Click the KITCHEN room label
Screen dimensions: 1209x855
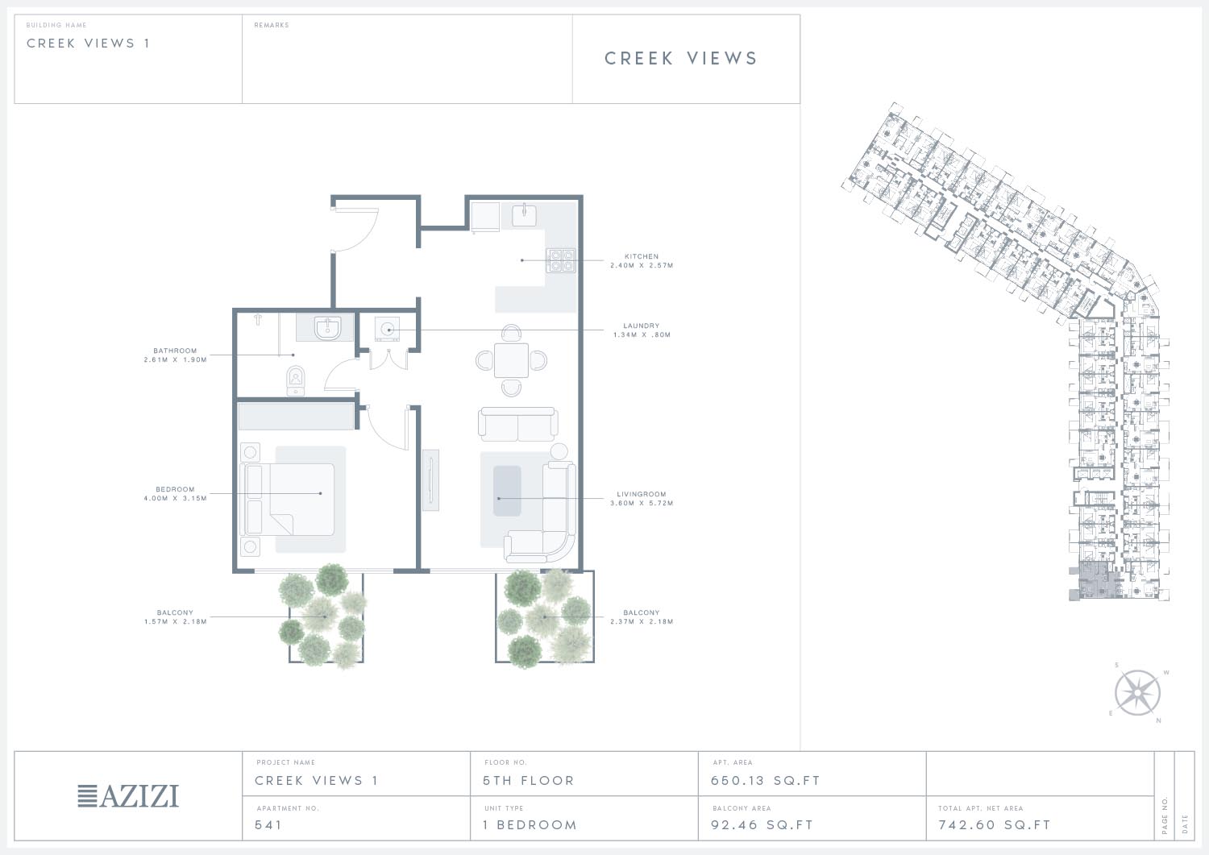pos(642,256)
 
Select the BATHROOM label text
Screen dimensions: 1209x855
pos(175,351)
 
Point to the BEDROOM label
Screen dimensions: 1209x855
pos(175,490)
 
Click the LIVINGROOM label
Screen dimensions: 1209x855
pos(642,494)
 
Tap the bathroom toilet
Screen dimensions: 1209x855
pos(295,380)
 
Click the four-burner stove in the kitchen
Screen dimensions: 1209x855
pos(561,259)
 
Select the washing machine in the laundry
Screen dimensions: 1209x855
pos(387,329)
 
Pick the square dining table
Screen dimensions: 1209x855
pos(511,360)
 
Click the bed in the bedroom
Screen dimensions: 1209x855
pos(290,500)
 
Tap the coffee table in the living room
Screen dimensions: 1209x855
pos(507,491)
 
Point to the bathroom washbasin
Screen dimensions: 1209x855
pos(327,328)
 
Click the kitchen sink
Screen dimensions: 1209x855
pos(524,214)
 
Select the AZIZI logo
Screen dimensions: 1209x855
pos(128,796)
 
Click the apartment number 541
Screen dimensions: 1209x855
pos(268,824)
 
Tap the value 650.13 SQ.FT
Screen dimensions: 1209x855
pos(766,781)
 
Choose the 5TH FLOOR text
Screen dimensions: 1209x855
pos(529,781)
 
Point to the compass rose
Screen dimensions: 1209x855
pos(1137,692)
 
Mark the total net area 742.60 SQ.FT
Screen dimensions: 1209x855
pos(995,824)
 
